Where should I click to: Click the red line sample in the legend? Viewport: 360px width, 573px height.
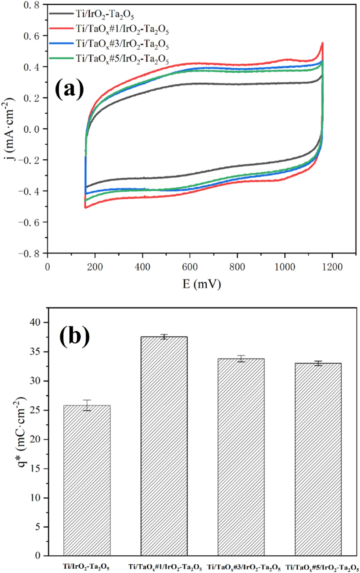tap(61, 28)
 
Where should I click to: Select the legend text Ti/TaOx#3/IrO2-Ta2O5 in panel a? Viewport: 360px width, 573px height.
tap(122, 44)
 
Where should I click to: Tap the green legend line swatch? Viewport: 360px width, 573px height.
tap(61, 58)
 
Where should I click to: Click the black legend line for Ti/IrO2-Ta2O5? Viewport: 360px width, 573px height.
tap(61, 14)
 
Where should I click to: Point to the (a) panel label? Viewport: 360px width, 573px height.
tap(69, 90)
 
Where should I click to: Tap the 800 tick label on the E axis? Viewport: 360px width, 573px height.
tap(237, 267)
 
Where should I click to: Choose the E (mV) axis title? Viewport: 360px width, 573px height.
tap(202, 284)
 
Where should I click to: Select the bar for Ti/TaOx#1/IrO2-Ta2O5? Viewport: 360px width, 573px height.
tap(164, 446)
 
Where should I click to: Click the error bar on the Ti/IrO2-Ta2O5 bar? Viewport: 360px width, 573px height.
tap(87, 405)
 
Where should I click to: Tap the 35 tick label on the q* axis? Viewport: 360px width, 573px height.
tap(36, 352)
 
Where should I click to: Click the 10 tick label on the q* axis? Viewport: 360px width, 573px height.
tap(36, 498)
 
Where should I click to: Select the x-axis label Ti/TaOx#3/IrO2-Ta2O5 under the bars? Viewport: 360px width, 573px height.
tap(244, 567)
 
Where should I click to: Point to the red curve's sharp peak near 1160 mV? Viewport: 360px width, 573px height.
tap(323, 44)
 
